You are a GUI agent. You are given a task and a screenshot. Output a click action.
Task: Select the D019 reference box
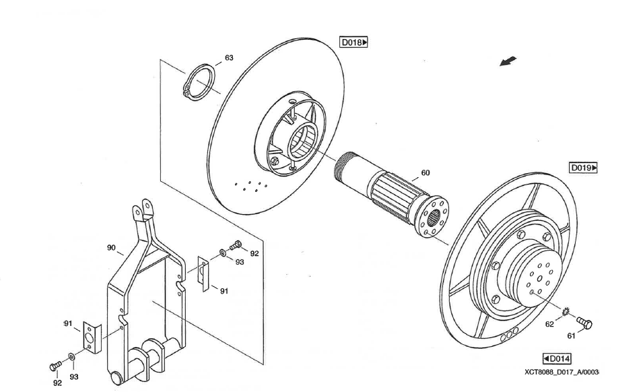pyautogui.click(x=584, y=168)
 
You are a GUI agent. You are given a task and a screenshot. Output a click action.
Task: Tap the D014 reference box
pyautogui.click(x=557, y=358)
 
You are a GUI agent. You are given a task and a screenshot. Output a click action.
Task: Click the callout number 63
pyautogui.click(x=229, y=58)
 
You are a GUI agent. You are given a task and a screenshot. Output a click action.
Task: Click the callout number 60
pyautogui.click(x=426, y=173)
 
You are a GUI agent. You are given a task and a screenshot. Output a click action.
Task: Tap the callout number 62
pyautogui.click(x=549, y=324)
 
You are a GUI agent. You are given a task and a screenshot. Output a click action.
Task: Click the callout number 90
pyautogui.click(x=111, y=248)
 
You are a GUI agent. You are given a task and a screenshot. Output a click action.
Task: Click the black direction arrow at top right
pyautogui.click(x=509, y=62)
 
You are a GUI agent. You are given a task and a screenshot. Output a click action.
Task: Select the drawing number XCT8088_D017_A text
pyautogui.click(x=562, y=372)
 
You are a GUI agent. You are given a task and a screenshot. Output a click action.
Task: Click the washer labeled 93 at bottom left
pyautogui.click(x=72, y=355)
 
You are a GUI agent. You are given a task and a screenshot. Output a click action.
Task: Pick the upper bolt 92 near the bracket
pyautogui.click(x=236, y=246)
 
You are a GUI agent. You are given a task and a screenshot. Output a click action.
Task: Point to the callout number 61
pyautogui.click(x=571, y=335)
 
